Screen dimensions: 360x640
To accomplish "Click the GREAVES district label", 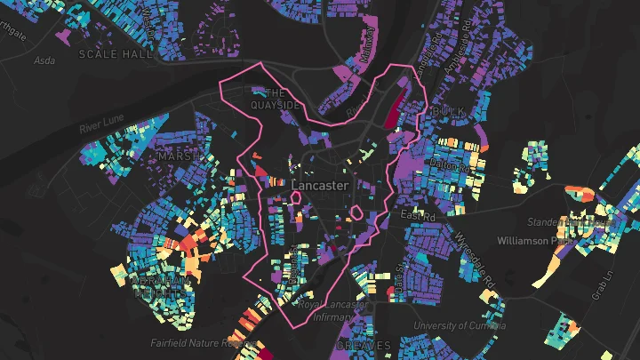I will point(364,345).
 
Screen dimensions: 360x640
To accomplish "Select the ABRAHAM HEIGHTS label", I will point(161,286).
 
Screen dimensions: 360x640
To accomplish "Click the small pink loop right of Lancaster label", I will point(356,213).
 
